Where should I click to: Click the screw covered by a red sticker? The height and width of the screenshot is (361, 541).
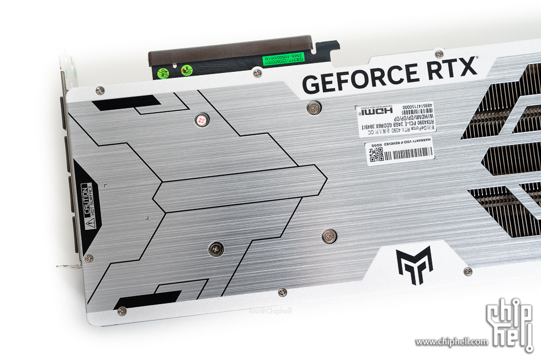[x=201, y=119]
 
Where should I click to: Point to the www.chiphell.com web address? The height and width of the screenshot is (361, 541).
[x=452, y=342]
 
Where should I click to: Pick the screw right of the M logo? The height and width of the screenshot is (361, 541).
[x=468, y=271]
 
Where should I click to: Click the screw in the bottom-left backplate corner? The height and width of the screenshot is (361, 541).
[x=122, y=311]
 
